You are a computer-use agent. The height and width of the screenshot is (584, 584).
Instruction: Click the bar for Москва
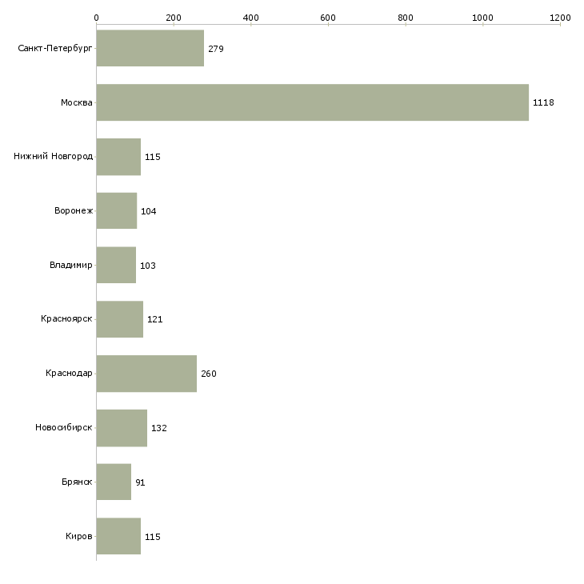point(312,102)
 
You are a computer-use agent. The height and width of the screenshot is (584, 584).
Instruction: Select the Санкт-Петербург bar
point(150,49)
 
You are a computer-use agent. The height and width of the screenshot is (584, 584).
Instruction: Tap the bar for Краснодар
point(146,374)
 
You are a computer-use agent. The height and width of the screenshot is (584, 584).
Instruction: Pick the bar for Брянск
point(114,482)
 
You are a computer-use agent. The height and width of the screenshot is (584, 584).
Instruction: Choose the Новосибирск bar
point(122,428)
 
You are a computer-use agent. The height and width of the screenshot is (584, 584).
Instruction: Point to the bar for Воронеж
point(117,211)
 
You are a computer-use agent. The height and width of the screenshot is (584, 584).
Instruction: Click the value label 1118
point(543,103)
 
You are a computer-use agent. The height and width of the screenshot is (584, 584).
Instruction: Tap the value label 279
point(215,49)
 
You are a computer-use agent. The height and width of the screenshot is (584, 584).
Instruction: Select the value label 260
point(208,374)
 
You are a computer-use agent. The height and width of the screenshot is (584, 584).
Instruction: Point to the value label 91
point(140,482)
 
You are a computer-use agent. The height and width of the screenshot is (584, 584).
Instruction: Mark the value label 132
point(158,428)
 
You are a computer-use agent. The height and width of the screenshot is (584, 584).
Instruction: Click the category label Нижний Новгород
point(53,157)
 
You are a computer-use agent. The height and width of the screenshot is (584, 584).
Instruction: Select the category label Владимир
point(70,266)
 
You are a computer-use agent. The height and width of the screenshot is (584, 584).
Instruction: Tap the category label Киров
point(79,536)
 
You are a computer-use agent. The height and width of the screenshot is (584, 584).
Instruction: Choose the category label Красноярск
point(66,319)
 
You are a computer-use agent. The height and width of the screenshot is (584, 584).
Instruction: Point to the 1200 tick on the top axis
point(560,18)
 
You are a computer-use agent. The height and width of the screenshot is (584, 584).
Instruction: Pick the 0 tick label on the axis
point(96,18)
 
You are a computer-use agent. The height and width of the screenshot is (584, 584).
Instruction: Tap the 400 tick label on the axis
point(250,18)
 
